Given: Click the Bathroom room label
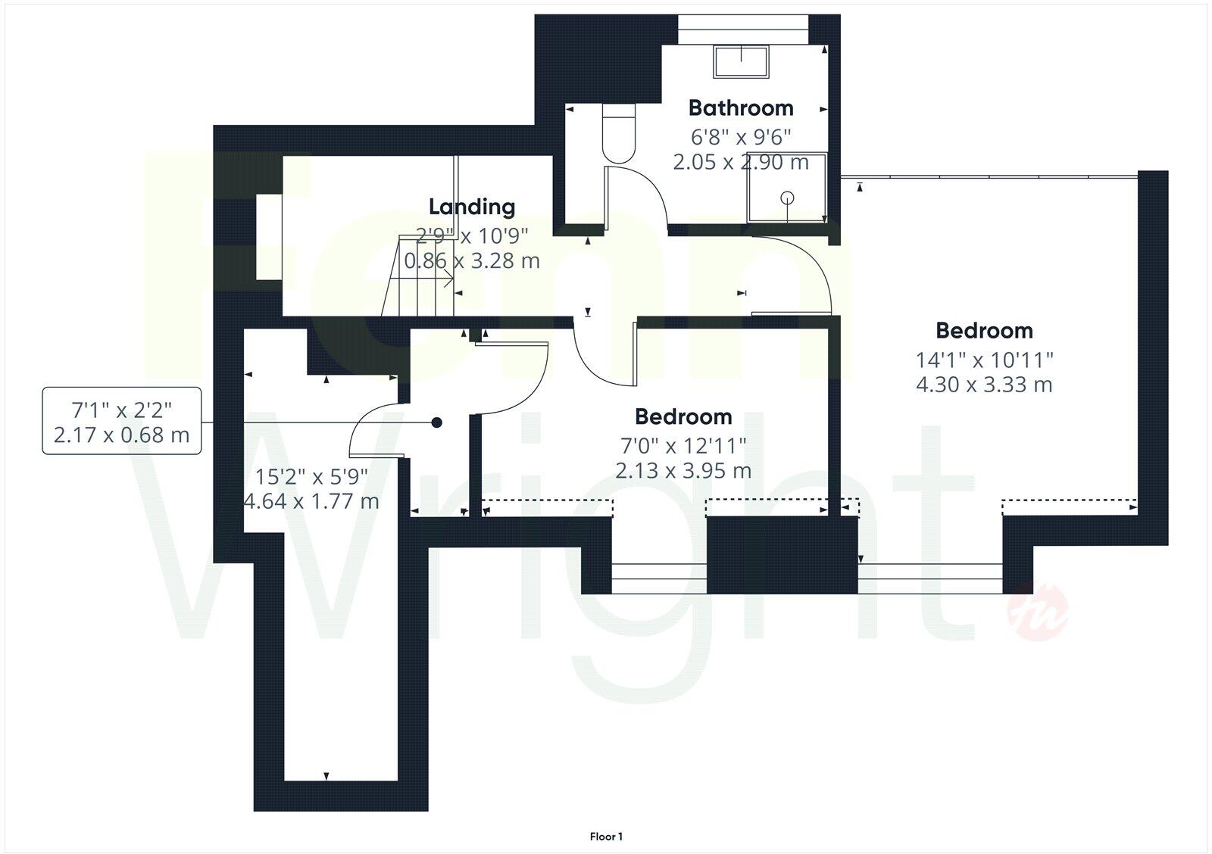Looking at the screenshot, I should click(x=740, y=108).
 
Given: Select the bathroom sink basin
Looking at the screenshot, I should click(x=740, y=61).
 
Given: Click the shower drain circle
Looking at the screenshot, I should click(x=788, y=198).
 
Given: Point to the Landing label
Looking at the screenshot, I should click(x=471, y=206).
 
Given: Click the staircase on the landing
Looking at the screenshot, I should click(x=421, y=277).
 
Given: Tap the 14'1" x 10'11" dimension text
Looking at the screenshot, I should click(x=984, y=359).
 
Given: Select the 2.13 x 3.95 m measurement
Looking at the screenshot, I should click(x=683, y=471).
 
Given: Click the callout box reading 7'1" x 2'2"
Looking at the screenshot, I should click(x=122, y=421).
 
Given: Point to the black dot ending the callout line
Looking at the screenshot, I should click(x=436, y=422).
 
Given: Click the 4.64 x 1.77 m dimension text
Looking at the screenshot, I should click(x=311, y=501).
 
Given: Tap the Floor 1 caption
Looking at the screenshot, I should click(x=606, y=837).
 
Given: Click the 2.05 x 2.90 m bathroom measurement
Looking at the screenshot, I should click(x=740, y=162).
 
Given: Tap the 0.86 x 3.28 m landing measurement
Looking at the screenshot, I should click(x=471, y=261).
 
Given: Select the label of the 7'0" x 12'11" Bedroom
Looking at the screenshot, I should click(x=683, y=416).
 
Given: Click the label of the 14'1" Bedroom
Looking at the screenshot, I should click(x=984, y=330).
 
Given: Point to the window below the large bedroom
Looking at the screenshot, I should click(x=930, y=579).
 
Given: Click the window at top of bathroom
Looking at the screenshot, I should click(x=742, y=29).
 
